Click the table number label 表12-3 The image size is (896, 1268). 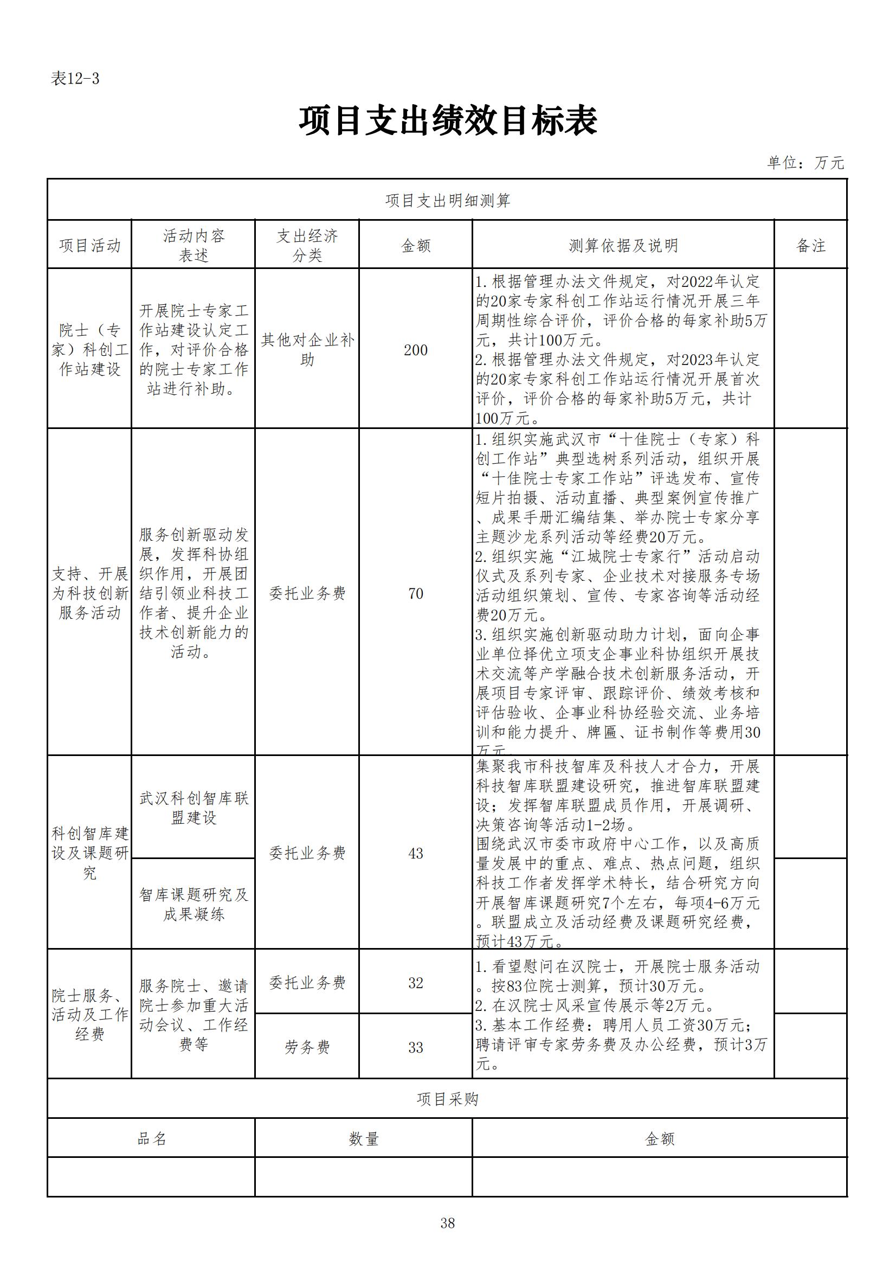[75, 79]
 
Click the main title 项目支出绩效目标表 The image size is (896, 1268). [448, 121]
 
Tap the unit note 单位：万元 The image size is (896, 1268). [805, 162]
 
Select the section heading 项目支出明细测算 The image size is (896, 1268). [448, 201]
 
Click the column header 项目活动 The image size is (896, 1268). [90, 246]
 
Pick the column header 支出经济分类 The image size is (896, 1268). [307, 246]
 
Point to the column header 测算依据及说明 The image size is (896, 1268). [623, 246]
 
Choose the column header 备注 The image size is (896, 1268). [810, 246]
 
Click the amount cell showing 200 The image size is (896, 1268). [416, 350]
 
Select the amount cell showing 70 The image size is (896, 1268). [416, 594]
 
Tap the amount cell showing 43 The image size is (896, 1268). [416, 853]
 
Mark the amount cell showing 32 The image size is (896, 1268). [416, 983]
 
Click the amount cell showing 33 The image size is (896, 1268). [416, 1048]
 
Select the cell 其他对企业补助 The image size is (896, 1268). [307, 350]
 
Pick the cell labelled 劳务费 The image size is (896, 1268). [307, 1048]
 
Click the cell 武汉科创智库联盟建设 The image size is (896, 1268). [193, 808]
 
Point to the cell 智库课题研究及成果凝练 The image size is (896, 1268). [193, 905]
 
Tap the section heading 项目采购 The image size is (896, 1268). [448, 1099]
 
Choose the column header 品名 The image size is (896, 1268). [152, 1139]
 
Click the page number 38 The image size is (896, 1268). [448, 1224]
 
